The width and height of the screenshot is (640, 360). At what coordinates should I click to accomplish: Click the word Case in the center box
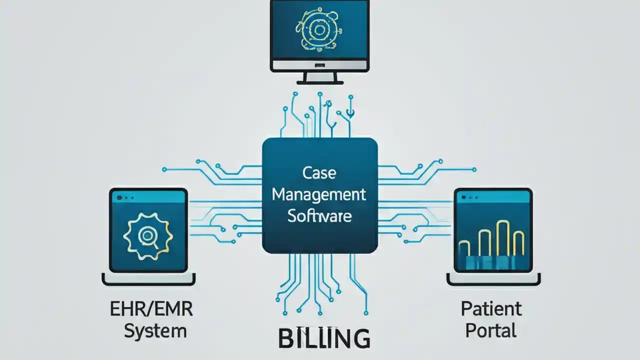319,173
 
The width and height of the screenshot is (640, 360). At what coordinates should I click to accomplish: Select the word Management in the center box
319,195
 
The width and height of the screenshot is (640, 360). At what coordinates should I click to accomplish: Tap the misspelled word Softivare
319,216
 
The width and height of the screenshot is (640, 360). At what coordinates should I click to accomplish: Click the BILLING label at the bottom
324,338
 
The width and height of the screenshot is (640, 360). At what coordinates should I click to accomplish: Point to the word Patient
491,308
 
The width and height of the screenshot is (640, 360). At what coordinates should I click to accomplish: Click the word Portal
489,330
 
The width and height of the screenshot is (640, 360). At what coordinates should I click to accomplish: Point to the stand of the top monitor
319,77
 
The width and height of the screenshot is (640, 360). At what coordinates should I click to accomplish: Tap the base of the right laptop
493,280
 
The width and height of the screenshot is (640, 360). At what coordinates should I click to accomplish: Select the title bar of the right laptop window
493,197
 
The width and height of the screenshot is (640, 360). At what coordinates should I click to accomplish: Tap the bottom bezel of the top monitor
319,65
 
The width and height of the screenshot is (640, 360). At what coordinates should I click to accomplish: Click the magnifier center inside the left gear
147,233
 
